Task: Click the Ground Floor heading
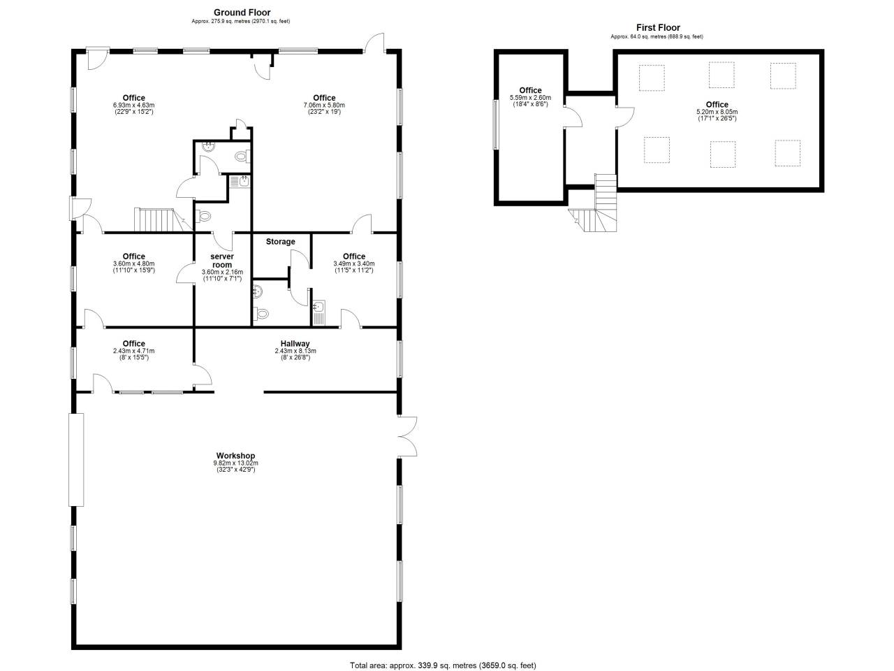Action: point(242,13)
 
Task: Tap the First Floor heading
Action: point(658,28)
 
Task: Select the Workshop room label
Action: point(235,456)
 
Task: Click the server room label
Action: point(222,260)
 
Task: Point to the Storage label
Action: point(280,242)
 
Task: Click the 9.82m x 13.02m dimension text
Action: point(235,463)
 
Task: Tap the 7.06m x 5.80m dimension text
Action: point(324,106)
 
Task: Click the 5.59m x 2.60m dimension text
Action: point(530,98)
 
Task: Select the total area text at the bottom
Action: point(443,665)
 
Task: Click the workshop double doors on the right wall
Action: point(406,437)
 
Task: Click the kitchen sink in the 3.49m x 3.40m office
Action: point(319,312)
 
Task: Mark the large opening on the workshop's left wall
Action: point(75,459)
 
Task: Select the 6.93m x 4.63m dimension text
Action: point(133,106)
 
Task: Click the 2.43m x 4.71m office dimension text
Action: point(133,351)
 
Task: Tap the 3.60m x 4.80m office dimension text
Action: point(133,264)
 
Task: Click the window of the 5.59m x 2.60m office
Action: point(495,124)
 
